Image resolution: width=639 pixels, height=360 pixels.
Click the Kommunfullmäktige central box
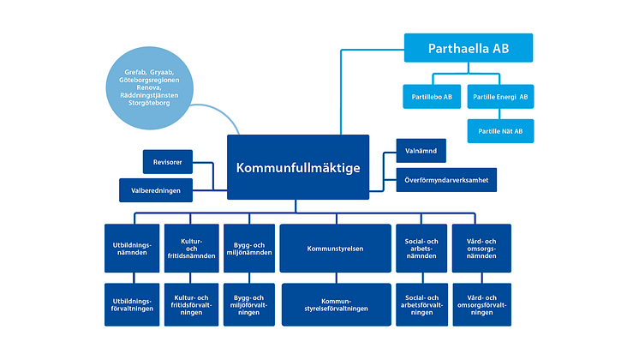298,166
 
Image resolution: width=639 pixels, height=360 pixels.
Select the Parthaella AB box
468,48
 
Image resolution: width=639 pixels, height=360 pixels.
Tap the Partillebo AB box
433,96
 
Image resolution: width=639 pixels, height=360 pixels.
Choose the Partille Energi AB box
500,96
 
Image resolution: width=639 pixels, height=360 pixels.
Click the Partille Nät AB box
500,131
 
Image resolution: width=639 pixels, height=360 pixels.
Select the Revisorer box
167,160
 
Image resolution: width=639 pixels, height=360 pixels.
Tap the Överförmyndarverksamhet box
446,181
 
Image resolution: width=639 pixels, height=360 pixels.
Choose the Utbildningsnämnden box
131,249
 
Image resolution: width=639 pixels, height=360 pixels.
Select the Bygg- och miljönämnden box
248,249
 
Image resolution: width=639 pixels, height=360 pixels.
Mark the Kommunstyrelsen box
335,249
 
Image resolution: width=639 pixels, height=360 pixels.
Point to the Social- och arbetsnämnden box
421,249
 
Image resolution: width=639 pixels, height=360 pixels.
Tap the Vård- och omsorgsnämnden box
481,249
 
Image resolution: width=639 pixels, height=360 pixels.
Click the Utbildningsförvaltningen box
131,304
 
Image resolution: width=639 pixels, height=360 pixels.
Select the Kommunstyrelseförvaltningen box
335,304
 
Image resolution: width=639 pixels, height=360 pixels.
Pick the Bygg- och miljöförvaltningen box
248,304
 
